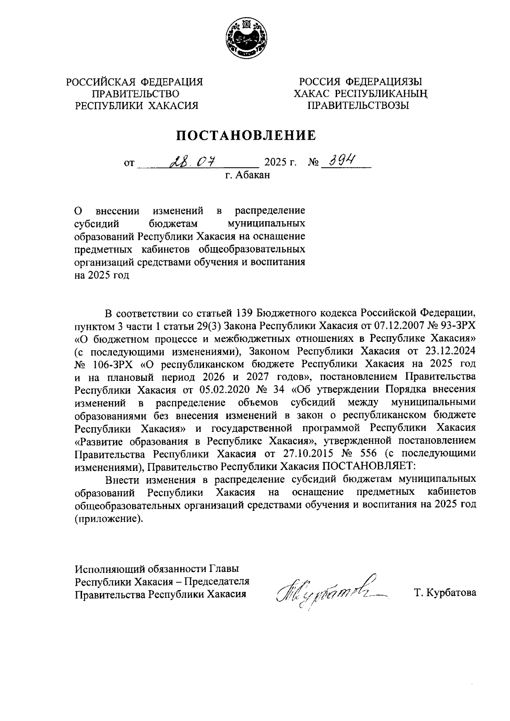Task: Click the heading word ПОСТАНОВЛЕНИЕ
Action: point(246,135)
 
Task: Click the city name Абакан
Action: point(253,175)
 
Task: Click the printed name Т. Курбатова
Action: point(445,593)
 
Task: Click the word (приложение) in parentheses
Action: point(107,518)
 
